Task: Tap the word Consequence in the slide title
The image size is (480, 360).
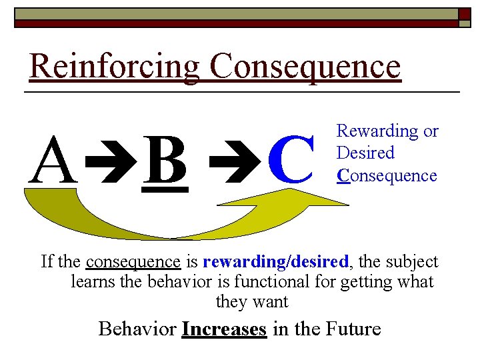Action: [x=305, y=67]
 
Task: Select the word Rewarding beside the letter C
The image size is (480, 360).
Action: [x=377, y=131]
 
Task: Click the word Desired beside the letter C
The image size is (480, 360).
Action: [x=365, y=153]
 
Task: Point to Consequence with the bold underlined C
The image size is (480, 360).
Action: [x=387, y=176]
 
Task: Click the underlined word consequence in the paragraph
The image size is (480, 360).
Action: [x=133, y=261]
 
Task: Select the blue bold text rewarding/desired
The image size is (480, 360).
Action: [x=275, y=261]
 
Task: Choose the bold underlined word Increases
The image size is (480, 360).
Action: [x=224, y=329]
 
